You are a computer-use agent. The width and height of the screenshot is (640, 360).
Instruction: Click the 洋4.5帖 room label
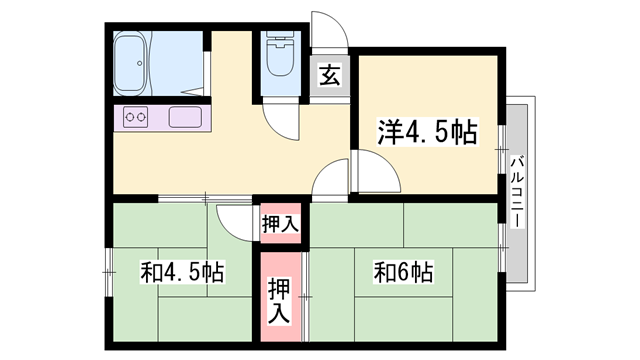pos(427,132)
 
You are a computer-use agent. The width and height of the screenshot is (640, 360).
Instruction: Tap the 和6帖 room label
pos(403,272)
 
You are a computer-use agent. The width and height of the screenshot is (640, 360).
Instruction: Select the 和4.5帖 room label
pos(182,272)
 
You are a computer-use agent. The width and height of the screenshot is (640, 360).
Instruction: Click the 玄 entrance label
pos(329,76)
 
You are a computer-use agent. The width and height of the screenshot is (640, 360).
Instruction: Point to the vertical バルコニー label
pos(517,192)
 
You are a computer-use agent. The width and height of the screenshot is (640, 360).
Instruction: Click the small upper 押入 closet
pos(281,223)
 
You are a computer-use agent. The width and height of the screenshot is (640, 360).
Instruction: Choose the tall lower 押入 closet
pos(281,297)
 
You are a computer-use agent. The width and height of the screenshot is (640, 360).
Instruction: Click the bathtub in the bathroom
pos(130,63)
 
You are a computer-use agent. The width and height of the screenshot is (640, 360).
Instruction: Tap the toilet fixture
pos(280,54)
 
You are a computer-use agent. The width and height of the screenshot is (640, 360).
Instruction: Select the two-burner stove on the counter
pos(136,117)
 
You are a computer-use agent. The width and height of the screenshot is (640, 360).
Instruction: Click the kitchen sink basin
pos(185,117)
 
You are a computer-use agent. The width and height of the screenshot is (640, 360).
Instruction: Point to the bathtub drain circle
pos(140,63)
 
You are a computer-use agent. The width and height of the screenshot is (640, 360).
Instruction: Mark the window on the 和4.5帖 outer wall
pos(109,272)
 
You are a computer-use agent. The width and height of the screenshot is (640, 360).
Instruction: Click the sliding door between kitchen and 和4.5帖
pos(205,199)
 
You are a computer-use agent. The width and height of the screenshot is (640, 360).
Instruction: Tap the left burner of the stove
pos(130,117)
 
